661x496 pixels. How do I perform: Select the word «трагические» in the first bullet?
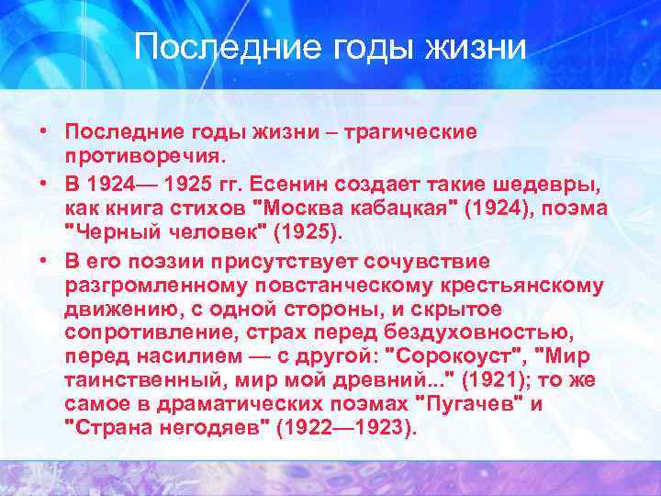(411, 131)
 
